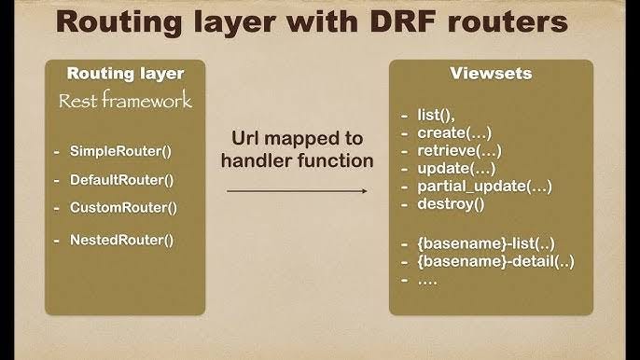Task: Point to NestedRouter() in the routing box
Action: pyautogui.click(x=121, y=240)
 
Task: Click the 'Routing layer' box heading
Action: pyautogui.click(x=125, y=74)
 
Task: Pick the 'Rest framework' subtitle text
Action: pyautogui.click(x=125, y=100)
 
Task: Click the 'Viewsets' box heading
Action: pyautogui.click(x=490, y=74)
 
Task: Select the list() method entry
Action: pyautogui.click(x=436, y=115)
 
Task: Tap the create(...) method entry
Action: pyautogui.click(x=453, y=132)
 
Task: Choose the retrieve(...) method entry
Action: pyautogui.click(x=459, y=150)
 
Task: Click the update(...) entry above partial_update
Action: pyautogui.click(x=456, y=168)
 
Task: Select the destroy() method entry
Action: pyautogui.click(x=452, y=203)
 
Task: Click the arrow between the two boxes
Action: pyautogui.click(x=296, y=191)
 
